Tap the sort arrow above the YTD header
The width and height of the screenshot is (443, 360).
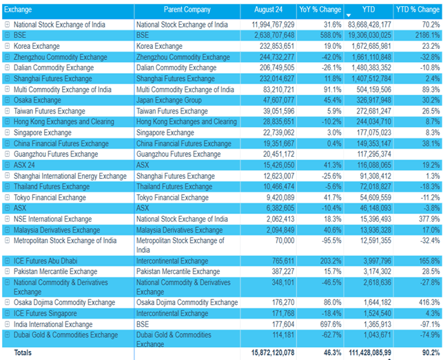[349, 14]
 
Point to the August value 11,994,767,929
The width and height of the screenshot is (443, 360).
[267, 25]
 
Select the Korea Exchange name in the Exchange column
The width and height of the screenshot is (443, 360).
[37, 46]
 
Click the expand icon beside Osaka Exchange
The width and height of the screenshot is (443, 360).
[7, 100]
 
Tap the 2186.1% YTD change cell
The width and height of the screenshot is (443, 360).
[424, 35]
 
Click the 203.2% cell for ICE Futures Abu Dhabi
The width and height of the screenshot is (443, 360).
[330, 262]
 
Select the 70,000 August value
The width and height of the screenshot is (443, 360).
[282, 240]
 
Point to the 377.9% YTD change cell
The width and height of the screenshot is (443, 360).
[426, 218]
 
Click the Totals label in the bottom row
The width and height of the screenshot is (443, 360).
[25, 352]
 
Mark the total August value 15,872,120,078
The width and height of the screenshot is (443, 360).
[267, 352]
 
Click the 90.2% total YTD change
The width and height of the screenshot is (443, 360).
[428, 352]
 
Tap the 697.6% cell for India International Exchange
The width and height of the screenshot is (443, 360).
[330, 324]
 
